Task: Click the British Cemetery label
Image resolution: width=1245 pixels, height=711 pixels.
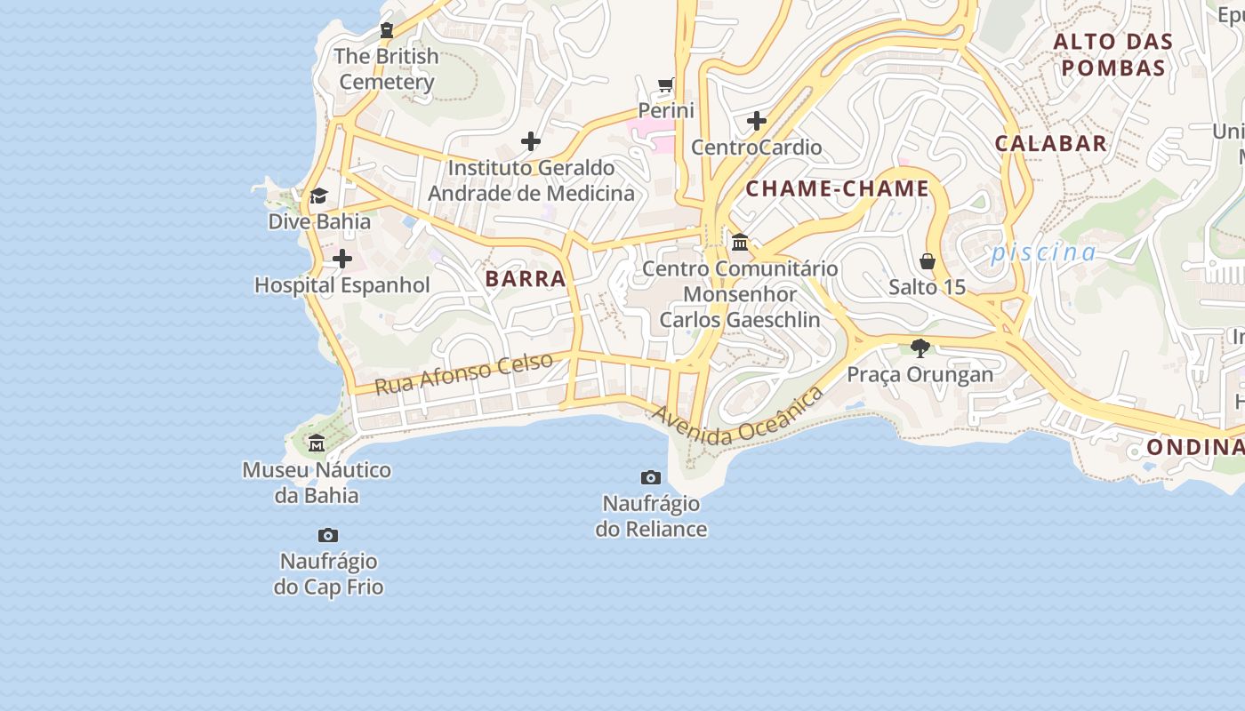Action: (386, 69)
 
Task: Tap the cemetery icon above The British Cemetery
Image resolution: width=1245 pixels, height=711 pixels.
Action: (386, 30)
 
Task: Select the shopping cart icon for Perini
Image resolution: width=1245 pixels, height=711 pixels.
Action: (665, 85)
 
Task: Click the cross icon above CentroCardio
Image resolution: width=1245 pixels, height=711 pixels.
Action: (757, 121)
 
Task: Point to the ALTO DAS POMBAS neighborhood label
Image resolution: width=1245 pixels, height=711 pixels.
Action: (1113, 54)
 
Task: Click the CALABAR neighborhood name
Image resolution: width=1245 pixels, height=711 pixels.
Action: (1050, 143)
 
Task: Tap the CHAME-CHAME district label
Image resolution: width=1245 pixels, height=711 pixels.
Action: (837, 188)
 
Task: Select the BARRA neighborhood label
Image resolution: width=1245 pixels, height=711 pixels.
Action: (526, 278)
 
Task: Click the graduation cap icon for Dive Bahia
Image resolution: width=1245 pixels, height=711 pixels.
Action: (318, 196)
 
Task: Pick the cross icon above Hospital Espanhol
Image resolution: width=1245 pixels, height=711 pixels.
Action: (341, 260)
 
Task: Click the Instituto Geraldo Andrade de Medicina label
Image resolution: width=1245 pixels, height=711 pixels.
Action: (532, 180)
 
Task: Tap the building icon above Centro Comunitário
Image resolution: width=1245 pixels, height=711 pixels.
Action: (739, 242)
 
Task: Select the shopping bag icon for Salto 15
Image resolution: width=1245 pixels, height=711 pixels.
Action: (928, 261)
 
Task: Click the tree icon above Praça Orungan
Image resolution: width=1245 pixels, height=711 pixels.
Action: (920, 348)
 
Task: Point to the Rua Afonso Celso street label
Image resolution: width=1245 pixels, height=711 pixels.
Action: (463, 373)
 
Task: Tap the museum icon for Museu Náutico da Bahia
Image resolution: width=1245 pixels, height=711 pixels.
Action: (317, 443)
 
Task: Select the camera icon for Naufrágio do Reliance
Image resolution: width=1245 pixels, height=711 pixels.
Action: (651, 478)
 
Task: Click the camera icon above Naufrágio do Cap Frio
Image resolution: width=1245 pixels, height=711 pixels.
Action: (328, 536)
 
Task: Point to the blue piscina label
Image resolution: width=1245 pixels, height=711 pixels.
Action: (1044, 252)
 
